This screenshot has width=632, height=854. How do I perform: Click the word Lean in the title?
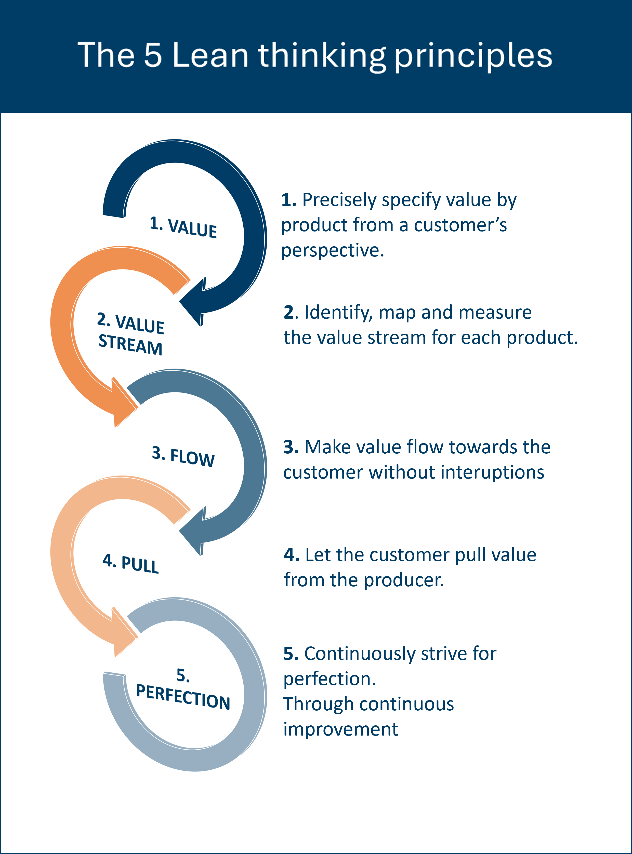point(211,56)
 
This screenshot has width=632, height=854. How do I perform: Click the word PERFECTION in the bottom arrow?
point(183,697)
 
